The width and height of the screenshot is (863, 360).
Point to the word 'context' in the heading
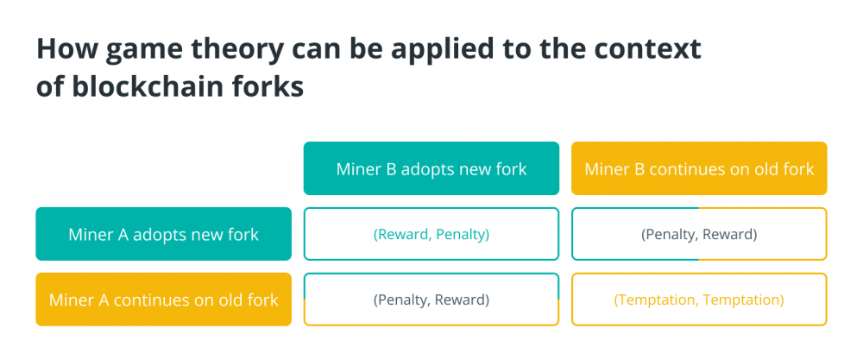pos(649,48)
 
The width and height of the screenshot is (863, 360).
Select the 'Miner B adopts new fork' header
pos(431,168)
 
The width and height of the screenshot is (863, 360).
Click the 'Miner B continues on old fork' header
pos(699,168)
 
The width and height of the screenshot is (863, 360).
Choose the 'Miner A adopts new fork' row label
pos(163,234)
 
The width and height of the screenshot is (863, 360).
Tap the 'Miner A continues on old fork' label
pos(163,300)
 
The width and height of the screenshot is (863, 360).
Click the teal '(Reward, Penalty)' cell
pos(431,234)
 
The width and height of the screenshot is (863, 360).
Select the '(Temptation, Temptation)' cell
pos(699,300)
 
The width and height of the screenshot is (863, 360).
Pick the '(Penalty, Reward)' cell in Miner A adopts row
pos(699,234)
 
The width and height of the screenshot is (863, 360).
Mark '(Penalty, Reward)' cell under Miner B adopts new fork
pos(431,300)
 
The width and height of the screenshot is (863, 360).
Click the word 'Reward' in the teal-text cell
pos(403,235)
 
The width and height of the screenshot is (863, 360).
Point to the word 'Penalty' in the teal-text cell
pos(460,235)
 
